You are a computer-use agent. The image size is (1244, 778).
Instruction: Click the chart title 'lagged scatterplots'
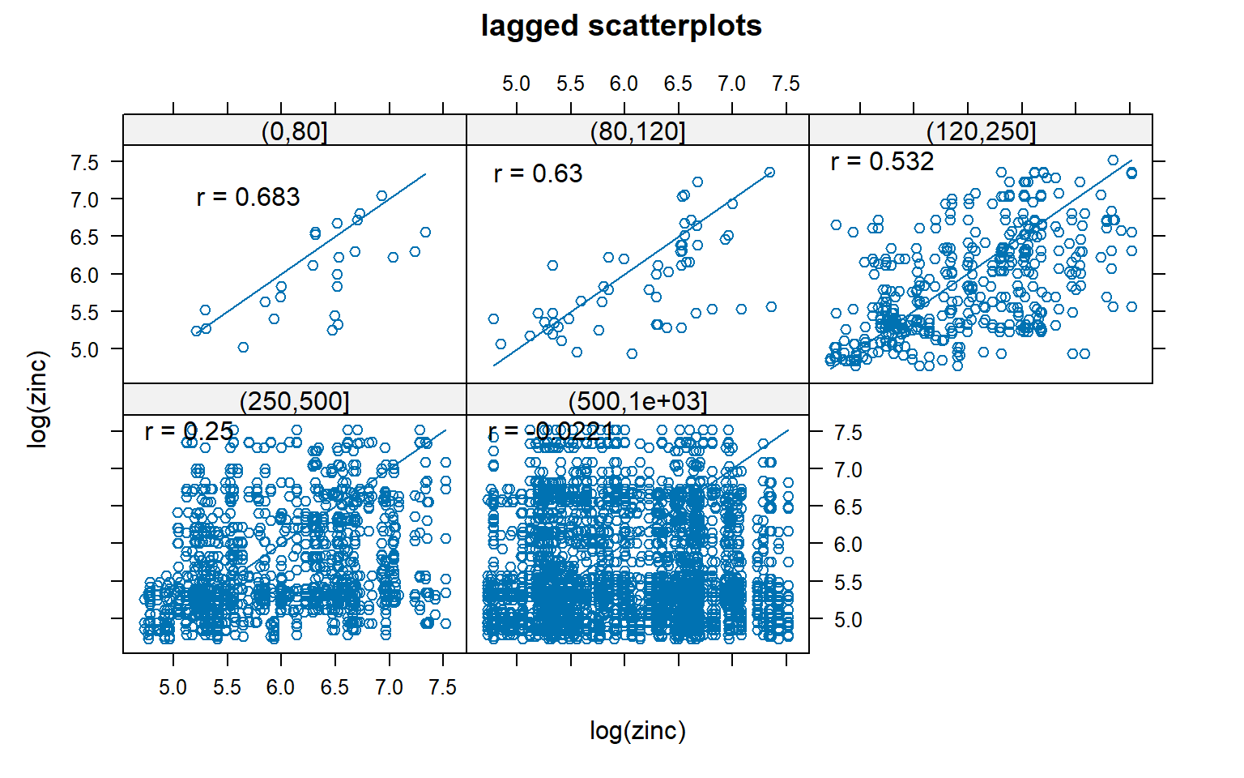point(621,26)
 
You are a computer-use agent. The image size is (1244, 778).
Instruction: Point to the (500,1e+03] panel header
point(637,401)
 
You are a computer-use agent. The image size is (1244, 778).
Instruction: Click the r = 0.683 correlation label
point(248,197)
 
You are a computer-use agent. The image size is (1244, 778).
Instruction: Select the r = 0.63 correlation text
point(538,173)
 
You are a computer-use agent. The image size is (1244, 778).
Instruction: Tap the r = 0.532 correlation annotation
point(882,161)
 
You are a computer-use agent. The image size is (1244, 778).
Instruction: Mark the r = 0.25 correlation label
point(189,432)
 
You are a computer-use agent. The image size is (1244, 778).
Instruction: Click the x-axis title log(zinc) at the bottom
point(637,731)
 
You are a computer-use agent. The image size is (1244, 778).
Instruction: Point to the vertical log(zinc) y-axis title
point(38,399)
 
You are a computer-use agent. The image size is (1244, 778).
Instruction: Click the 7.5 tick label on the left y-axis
point(84,162)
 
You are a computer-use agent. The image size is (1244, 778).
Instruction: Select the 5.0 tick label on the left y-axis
point(84,350)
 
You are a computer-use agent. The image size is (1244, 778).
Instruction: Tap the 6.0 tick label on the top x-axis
point(624,84)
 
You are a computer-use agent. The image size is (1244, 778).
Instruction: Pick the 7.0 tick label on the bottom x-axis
point(389,688)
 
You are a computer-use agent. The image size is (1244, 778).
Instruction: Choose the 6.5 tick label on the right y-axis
point(848,507)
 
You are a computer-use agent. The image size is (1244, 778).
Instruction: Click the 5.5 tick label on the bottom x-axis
point(227,688)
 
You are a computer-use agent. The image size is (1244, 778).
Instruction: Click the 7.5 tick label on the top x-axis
point(786,84)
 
